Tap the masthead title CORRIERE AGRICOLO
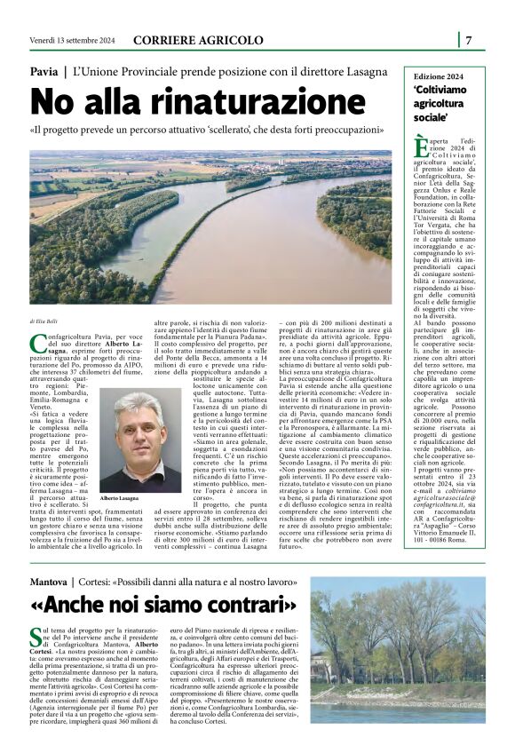coord(197,40)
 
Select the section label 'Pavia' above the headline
coord(44,70)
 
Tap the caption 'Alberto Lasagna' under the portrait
coord(119,500)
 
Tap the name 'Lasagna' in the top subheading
coord(363,70)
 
